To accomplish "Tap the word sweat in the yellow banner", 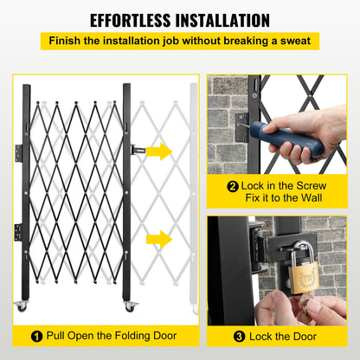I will click(x=292, y=41).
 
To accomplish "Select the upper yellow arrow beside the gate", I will click(x=158, y=151).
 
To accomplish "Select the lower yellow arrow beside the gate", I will click(x=158, y=239).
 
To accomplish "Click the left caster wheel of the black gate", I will click(x=21, y=307).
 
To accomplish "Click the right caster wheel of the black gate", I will click(x=130, y=307).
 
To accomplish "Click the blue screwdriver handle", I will click(x=280, y=139).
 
